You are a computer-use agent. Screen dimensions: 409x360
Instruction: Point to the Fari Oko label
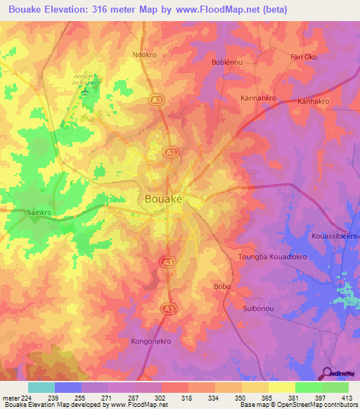click(304, 56)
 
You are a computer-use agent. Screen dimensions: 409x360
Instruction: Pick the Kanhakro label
click(314, 101)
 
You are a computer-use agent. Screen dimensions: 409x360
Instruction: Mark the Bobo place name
click(221, 287)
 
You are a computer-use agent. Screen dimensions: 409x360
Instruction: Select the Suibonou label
click(258, 309)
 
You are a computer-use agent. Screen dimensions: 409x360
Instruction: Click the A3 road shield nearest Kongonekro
click(168, 308)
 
